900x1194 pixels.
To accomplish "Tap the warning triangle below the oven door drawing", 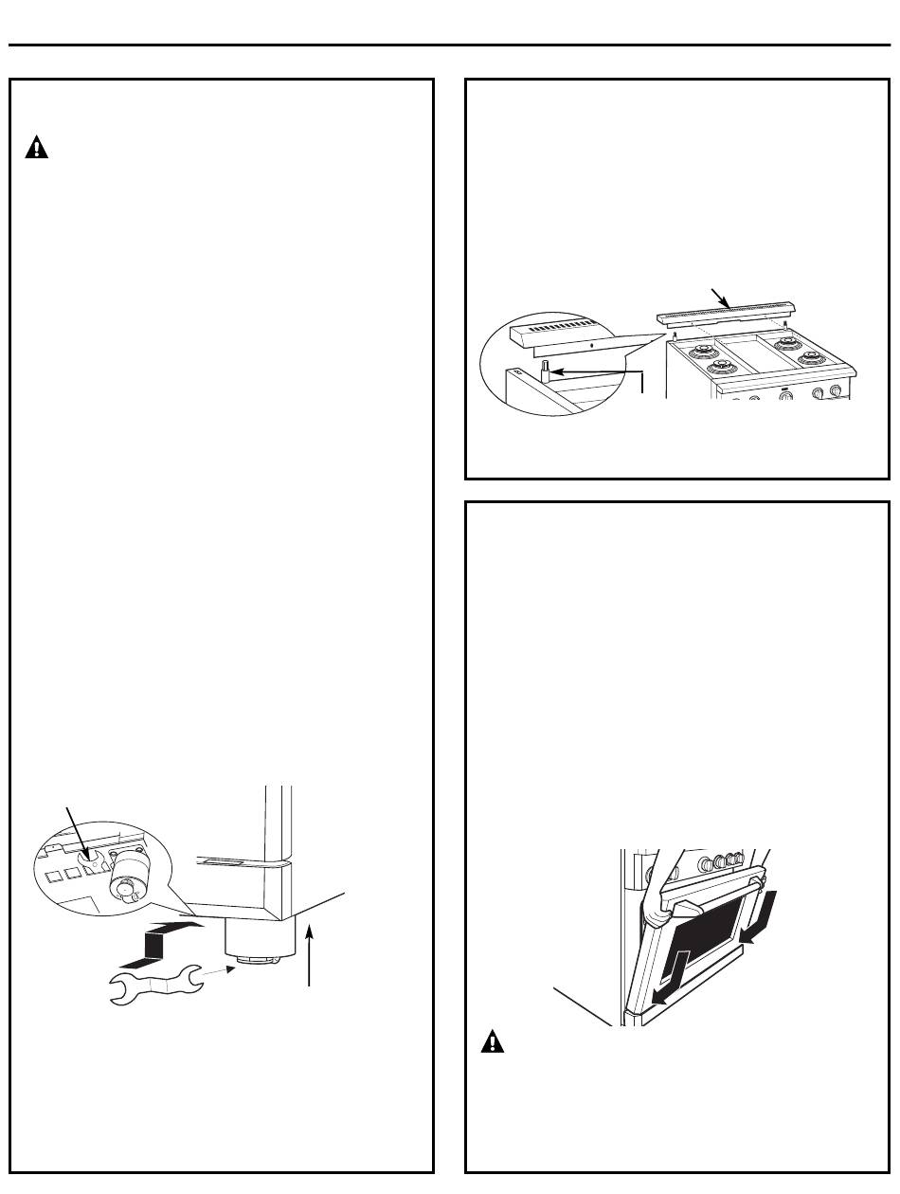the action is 492,1043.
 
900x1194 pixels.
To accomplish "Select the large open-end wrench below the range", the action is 156,982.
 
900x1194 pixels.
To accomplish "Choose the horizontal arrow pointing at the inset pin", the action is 597,371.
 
